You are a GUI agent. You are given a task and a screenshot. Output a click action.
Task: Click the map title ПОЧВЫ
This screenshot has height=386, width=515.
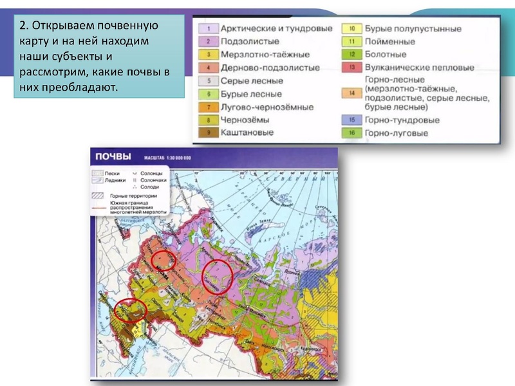113,157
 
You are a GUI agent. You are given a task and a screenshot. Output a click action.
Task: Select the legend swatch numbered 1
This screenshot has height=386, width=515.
209,29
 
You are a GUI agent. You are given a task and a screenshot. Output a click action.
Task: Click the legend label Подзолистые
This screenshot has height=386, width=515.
248,42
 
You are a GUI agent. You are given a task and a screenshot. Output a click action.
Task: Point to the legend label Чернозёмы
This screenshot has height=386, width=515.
245,119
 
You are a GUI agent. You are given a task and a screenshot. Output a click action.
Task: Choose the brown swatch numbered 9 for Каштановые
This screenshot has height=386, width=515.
209,133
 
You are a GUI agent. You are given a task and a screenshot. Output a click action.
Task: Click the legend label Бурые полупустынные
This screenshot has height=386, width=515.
413,29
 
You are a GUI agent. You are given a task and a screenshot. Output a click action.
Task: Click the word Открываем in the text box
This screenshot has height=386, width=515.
63,26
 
